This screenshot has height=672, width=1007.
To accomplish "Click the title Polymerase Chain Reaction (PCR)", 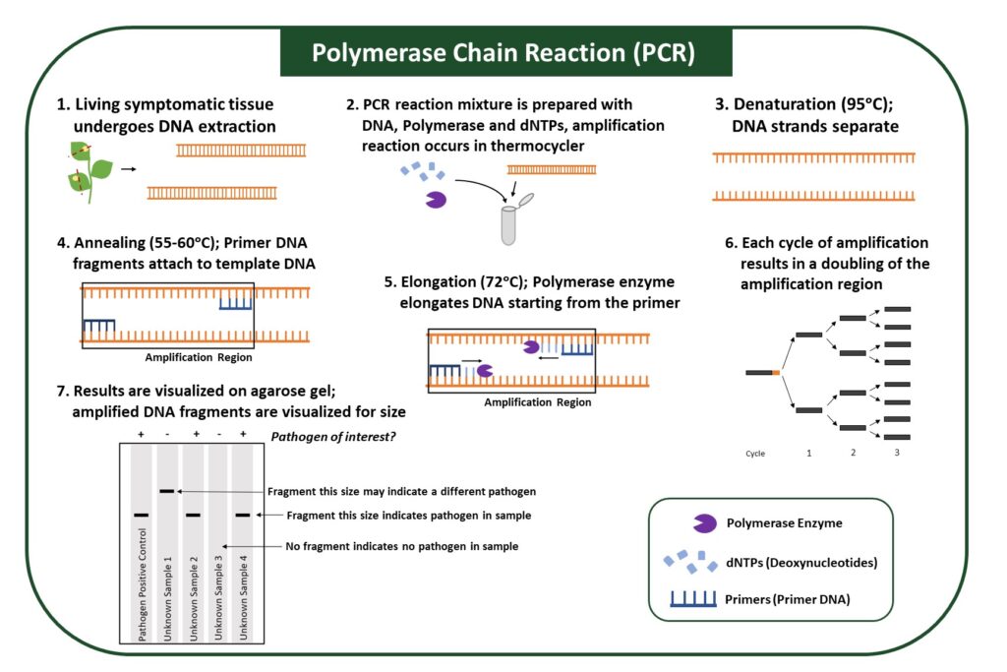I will (x=503, y=52).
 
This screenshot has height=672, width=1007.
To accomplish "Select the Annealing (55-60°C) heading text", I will (x=146, y=243).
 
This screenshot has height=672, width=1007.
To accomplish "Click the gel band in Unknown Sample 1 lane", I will (x=167, y=490).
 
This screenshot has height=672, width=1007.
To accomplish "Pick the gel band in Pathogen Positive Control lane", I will (x=142, y=515).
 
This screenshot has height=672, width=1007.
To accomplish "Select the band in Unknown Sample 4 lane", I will (x=243, y=515).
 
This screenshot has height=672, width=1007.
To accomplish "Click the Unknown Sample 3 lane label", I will (x=217, y=599).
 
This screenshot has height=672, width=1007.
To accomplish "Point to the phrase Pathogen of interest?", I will (x=332, y=436).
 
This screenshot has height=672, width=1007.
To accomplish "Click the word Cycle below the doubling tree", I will (x=755, y=454).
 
